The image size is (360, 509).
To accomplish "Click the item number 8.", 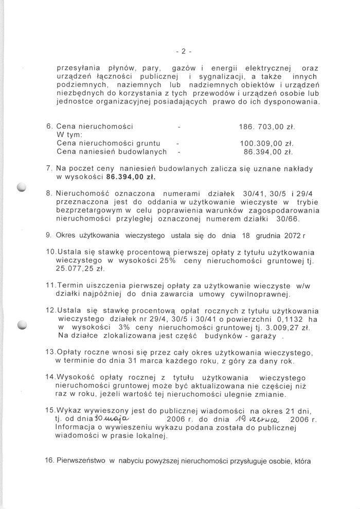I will coord(49,193).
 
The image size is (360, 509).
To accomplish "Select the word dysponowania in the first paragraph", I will coord(290,102).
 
